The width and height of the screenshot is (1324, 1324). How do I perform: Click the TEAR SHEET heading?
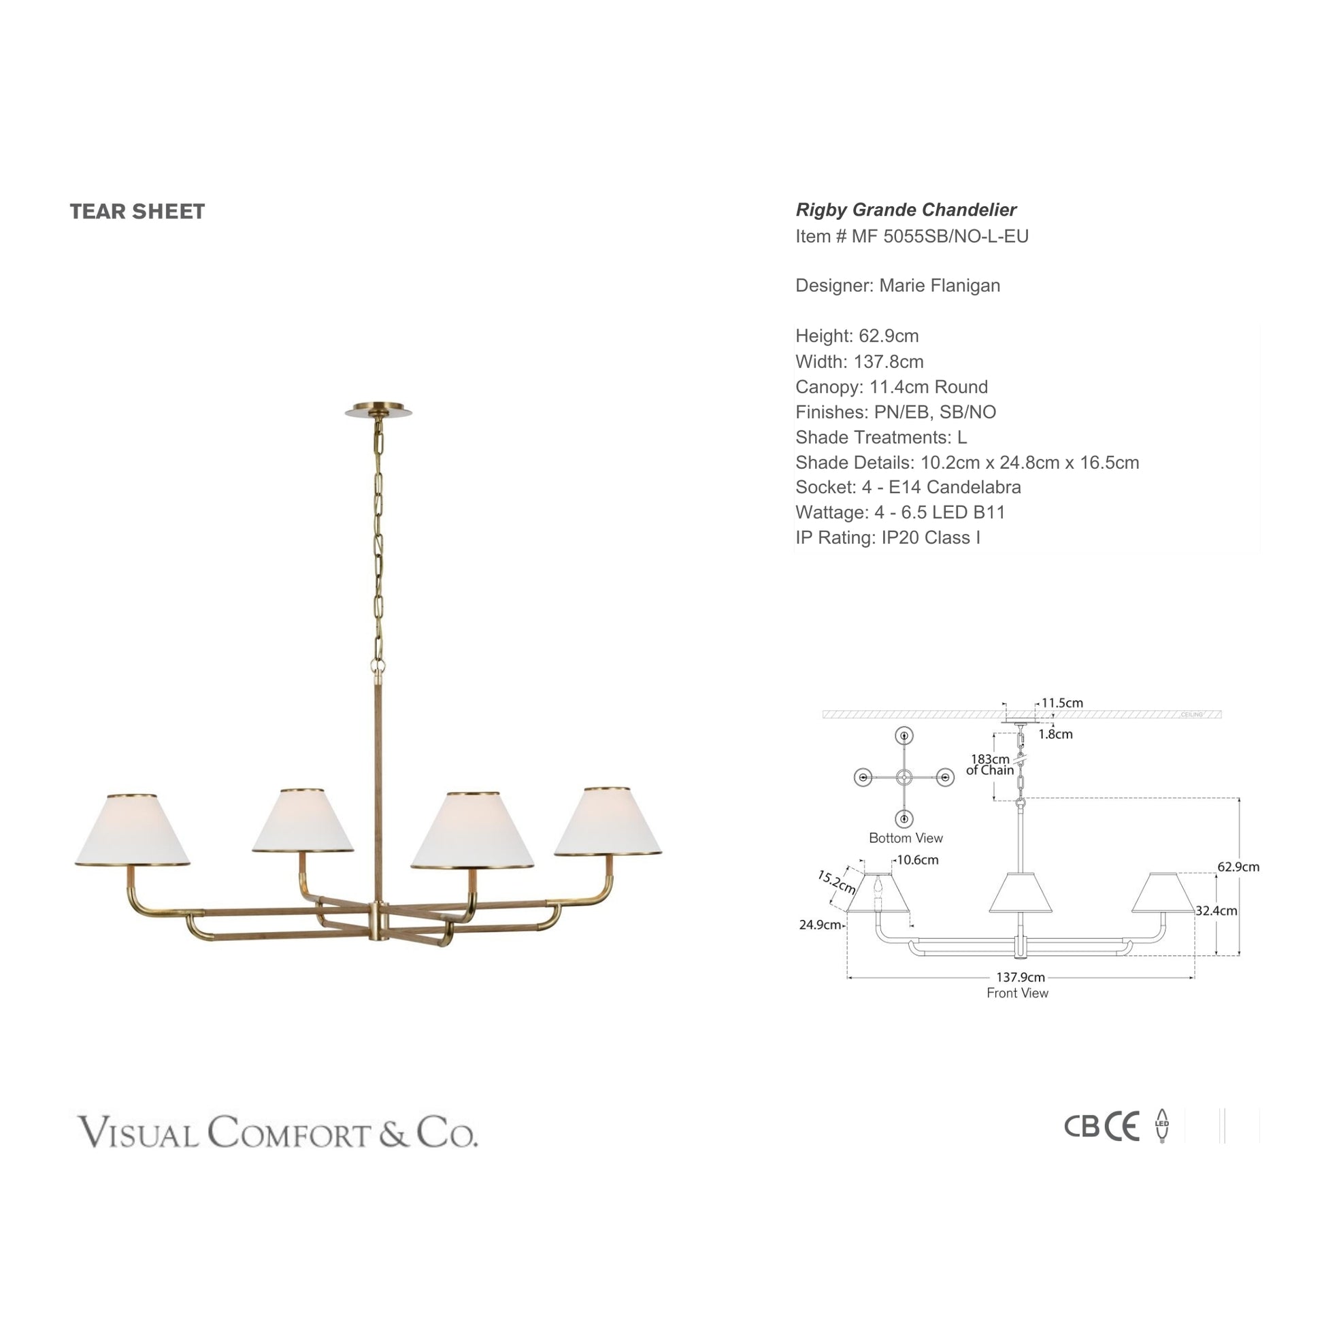coord(137,212)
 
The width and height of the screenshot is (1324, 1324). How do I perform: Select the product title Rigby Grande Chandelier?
coord(906,210)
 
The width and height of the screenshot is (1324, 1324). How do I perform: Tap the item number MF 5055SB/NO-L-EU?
coord(940,237)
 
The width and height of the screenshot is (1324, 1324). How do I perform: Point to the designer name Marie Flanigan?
coord(939,286)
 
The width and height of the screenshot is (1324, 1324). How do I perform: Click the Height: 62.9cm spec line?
coord(857,336)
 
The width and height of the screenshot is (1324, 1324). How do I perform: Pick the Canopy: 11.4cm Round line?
coord(891,386)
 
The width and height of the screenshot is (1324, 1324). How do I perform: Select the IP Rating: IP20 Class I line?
coord(887,538)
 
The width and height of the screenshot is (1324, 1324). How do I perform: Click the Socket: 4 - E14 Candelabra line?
coord(908,487)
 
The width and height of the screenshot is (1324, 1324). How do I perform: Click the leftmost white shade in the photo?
coord(132,830)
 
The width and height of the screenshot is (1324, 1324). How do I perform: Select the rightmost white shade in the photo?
coord(608,822)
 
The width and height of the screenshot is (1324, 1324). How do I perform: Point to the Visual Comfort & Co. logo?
coord(277,1131)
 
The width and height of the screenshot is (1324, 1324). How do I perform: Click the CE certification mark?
coord(1122,1126)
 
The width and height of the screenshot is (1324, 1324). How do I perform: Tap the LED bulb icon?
coord(1161,1126)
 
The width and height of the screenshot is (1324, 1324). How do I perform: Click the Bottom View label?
coord(906,838)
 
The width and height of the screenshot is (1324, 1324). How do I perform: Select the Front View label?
coord(1017,993)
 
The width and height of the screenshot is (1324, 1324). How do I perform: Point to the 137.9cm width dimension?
coord(1021,977)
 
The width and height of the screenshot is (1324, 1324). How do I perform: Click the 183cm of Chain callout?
coord(990,764)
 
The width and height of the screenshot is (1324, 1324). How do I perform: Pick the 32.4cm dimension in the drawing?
coord(1217,911)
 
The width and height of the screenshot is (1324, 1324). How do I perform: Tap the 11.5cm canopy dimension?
coord(1062,702)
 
